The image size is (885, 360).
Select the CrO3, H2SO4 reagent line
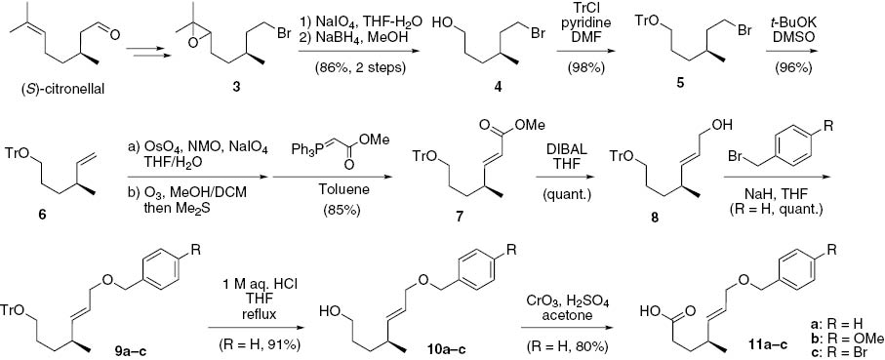564,296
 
